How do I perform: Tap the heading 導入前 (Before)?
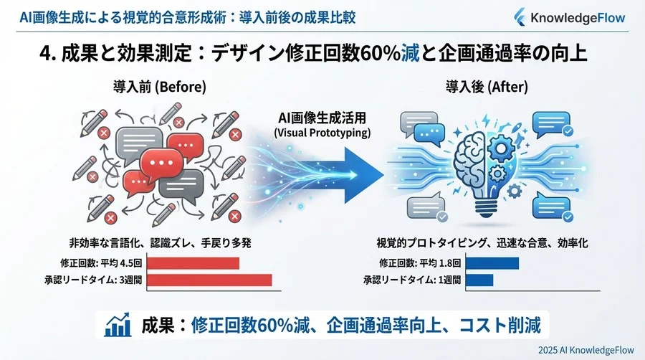pos(160,87)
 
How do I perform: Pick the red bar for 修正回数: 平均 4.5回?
pos(193,263)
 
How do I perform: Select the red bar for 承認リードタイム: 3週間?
pos(209,280)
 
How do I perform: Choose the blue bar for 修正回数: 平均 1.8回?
pos(492,263)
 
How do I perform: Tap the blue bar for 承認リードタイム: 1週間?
pos(479,280)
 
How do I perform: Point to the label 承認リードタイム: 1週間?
pos(413,280)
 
